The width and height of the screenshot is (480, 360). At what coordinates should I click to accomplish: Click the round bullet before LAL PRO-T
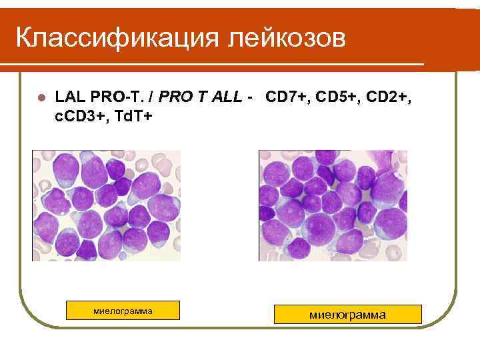41,98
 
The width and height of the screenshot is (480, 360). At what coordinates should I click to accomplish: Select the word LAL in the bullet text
69,98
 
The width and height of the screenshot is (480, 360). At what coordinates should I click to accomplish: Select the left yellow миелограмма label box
123,311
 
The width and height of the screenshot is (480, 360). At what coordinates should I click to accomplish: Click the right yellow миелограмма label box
348,314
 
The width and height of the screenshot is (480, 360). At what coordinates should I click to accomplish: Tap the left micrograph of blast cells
106,205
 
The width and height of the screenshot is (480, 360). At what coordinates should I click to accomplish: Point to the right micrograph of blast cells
333,205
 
